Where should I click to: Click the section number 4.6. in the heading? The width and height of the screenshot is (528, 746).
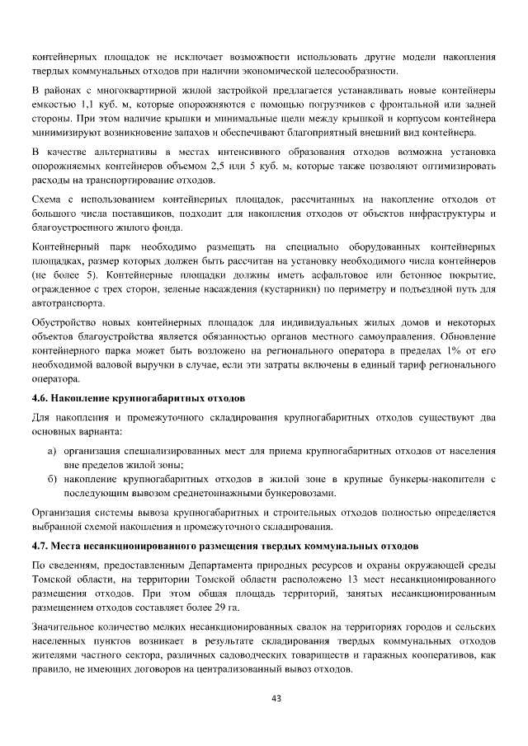pyautogui.click(x=40, y=397)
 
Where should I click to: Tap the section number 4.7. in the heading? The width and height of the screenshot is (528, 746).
pyautogui.click(x=40, y=547)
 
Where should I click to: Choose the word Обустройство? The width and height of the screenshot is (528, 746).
pyautogui.click(x=68, y=321)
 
